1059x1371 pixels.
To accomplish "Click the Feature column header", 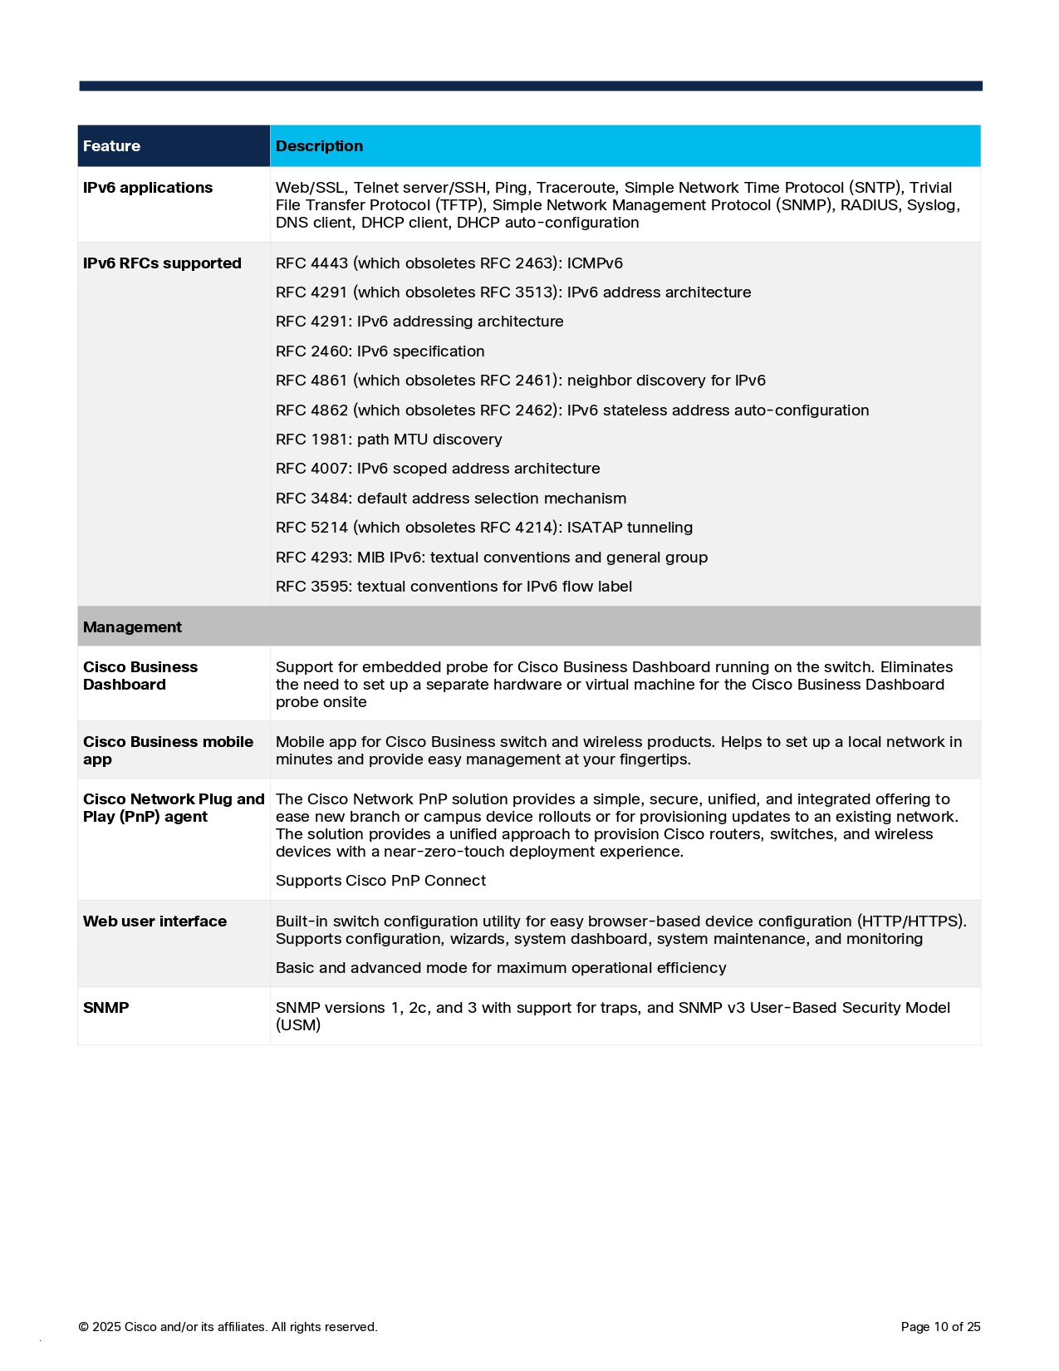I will click(111, 146).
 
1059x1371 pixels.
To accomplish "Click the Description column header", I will click(319, 146).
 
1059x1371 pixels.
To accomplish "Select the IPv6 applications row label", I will click(148, 188).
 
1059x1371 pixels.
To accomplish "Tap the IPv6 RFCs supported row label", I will click(162, 263).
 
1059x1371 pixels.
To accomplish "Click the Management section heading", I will click(132, 627).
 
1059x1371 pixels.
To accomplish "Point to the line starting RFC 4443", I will click(449, 263).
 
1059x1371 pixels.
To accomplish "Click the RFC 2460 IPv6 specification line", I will click(380, 351).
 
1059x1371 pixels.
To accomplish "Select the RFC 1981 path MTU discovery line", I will click(389, 440).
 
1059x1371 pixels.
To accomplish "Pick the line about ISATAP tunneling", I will click(483, 528).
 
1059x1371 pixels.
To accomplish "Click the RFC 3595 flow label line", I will click(454, 587).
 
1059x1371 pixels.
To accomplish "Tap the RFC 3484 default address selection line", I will click(451, 499).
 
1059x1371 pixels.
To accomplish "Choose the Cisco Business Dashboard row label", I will click(140, 676).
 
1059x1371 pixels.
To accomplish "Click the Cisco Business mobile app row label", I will click(168, 750).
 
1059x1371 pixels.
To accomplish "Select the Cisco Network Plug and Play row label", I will click(173, 808).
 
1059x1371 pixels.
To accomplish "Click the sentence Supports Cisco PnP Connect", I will click(380, 881).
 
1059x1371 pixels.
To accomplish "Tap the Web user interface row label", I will click(154, 921).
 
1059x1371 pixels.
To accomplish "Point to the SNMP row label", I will click(106, 1008).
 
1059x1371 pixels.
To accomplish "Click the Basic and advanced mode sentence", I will click(501, 968).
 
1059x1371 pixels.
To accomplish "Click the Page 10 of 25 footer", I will click(940, 1327).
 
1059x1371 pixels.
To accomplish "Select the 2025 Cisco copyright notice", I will click(228, 1327).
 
